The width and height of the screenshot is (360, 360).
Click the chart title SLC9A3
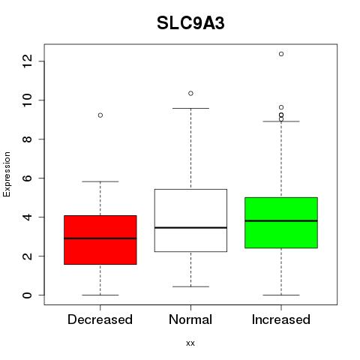[x=190, y=23]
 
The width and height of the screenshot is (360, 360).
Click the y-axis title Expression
[x=7, y=174]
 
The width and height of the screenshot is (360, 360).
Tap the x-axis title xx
[x=190, y=343]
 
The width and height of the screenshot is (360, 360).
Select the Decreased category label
[x=100, y=319]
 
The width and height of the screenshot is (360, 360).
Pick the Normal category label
[x=190, y=319]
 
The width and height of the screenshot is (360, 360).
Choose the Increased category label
[x=281, y=319]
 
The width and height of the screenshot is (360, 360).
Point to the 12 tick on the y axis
[x=27, y=61]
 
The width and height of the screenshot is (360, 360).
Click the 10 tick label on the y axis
[x=27, y=100]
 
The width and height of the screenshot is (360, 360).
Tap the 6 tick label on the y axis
[x=27, y=178]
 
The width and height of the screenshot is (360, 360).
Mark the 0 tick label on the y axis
[x=27, y=295]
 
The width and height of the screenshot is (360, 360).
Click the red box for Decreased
[x=100, y=240]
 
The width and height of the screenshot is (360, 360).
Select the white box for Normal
[x=190, y=220]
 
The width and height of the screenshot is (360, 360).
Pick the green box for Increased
[x=281, y=223]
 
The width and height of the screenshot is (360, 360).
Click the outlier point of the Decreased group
[x=100, y=115]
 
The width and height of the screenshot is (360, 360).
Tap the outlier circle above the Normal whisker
[x=190, y=93]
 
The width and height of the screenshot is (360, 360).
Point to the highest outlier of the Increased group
[x=281, y=54]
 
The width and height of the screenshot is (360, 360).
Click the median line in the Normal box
[x=190, y=228]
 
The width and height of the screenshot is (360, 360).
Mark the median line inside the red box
[x=100, y=238]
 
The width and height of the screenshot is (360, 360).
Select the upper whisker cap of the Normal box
[x=190, y=108]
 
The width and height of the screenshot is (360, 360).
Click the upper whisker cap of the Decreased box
[x=100, y=181]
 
